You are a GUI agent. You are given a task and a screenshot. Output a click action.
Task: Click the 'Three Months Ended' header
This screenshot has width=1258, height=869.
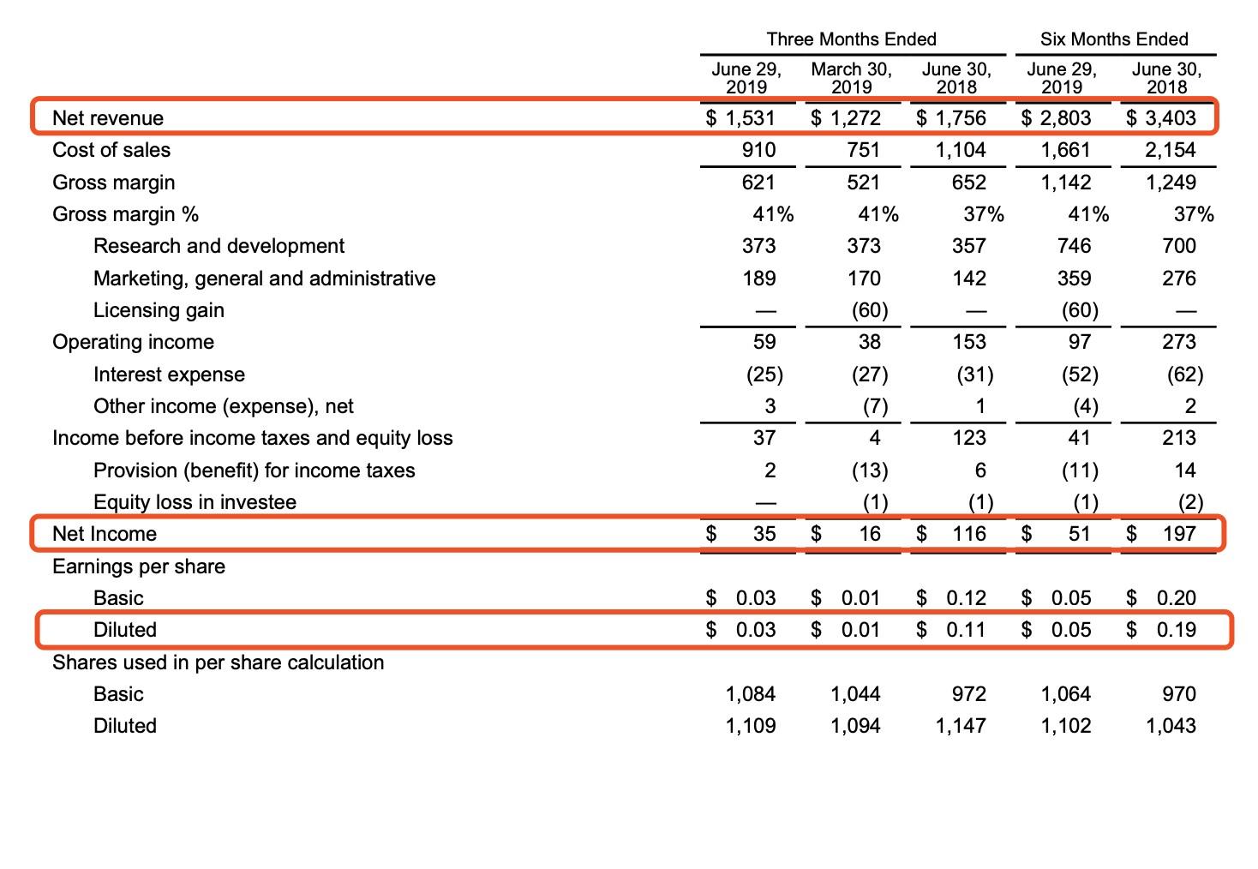851,39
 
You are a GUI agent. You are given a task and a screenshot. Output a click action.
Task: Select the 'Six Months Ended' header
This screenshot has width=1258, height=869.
1114,39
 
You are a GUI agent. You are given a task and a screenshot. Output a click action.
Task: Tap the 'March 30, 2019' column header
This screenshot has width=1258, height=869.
851,77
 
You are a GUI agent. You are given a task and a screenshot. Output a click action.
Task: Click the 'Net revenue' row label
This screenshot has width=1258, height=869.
108,118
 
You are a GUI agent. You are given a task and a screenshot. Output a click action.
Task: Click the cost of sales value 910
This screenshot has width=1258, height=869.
758,150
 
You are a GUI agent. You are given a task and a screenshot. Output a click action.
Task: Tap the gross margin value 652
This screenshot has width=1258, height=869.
969,183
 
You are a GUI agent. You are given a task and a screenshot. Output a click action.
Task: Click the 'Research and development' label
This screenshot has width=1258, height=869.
219,246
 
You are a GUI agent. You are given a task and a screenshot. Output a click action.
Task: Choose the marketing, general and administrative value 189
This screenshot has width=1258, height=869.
759,279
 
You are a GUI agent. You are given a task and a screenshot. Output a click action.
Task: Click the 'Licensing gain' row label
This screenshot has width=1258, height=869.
159,310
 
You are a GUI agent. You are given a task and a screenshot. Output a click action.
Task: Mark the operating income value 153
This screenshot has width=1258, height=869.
969,342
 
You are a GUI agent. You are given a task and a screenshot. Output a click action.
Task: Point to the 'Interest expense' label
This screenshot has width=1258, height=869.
169,375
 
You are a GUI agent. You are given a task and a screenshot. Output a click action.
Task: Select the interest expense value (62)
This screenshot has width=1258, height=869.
1184,375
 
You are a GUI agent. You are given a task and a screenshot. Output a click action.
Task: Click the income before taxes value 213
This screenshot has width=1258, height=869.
1179,438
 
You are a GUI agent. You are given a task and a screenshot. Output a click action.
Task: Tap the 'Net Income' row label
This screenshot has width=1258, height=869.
105,534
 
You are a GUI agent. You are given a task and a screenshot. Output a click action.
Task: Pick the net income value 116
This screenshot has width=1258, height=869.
969,534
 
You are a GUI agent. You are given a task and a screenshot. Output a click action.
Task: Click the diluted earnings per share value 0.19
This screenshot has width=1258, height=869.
1176,630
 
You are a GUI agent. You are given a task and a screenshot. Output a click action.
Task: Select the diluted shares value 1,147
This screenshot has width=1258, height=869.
961,726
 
